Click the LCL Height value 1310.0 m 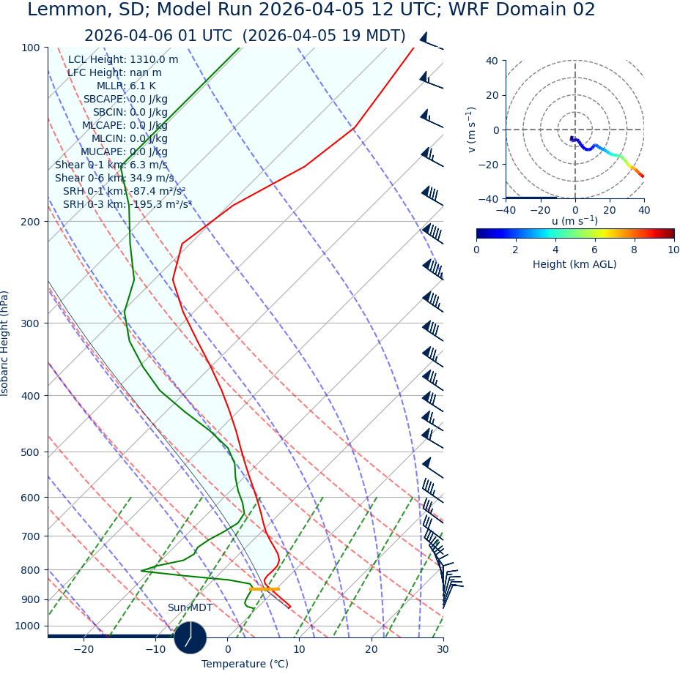[x=154, y=60]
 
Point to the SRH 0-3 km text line [x=127, y=205]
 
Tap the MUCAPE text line [x=124, y=152]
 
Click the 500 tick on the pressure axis [x=30, y=452]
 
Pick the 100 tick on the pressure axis [x=30, y=48]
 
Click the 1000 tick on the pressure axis [x=27, y=626]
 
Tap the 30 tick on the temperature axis [x=443, y=649]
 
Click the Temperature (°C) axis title [x=245, y=665]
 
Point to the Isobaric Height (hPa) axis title [x=5, y=343]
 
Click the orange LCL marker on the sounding [x=264, y=589]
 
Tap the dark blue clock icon [x=191, y=637]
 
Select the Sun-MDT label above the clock [x=190, y=608]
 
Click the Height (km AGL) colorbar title [x=574, y=264]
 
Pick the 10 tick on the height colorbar [x=673, y=250]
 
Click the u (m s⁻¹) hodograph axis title [x=574, y=221]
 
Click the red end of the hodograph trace [x=643, y=176]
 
